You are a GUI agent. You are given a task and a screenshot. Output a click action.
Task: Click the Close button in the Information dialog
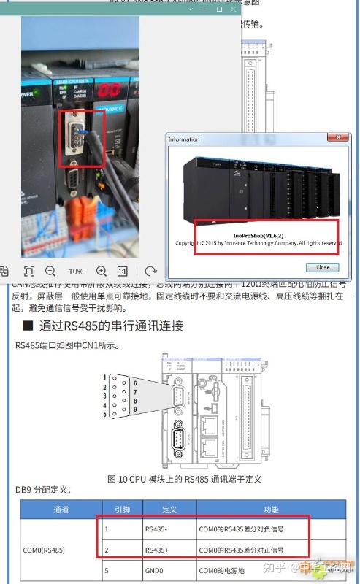tap(323, 267)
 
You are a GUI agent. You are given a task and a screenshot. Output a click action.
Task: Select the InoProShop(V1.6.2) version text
tap(268, 235)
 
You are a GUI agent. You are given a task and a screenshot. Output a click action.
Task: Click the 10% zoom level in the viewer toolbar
tap(76, 271)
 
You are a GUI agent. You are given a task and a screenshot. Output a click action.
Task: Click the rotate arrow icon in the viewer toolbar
tap(150, 271)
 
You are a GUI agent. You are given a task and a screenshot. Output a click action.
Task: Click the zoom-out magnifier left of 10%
tap(50, 271)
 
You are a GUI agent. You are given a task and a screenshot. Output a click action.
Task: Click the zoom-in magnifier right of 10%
tap(102, 271)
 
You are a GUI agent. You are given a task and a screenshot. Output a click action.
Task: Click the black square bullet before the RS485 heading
tap(28, 326)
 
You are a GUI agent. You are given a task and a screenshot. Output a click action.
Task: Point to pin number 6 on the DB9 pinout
tap(135, 383)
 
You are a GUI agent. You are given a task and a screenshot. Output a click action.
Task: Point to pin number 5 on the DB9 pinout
tap(105, 414)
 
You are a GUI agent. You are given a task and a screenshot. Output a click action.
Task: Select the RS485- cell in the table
tap(157, 529)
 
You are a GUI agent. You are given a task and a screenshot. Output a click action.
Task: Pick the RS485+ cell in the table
tap(157, 549)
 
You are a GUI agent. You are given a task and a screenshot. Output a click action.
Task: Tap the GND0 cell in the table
tap(155, 569)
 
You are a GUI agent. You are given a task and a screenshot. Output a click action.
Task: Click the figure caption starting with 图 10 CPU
tap(184, 479)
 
